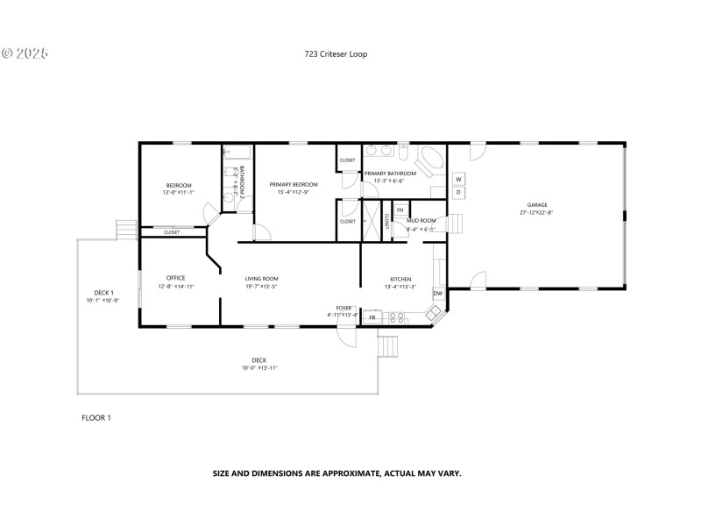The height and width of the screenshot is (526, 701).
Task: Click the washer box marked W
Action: pos(457,179)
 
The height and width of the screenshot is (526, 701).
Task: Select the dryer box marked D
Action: pos(457,191)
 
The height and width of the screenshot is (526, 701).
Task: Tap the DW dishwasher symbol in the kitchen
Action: pos(437,293)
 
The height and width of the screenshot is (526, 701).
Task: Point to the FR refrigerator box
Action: pos(372,316)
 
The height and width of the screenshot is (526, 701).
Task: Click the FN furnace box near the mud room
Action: pos(400,210)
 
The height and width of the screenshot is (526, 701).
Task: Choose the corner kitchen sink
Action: pos(434,312)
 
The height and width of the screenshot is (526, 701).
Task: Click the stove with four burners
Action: pos(394,316)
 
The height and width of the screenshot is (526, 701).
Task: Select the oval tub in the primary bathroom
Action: pos(428,163)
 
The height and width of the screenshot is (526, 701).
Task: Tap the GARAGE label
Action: pos(536,205)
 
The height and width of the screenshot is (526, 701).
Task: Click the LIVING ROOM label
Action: pos(261,279)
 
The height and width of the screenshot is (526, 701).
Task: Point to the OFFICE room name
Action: pos(176,279)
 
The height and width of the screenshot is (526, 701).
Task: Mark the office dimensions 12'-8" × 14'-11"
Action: pos(176,287)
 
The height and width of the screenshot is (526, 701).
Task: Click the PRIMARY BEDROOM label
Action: pos(293,185)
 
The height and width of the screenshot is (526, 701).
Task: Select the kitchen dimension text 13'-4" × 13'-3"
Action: pos(400,287)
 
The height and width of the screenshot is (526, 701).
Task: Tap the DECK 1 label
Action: pos(104,293)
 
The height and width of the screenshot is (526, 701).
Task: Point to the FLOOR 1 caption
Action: pos(96,417)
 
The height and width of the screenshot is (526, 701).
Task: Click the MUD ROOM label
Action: pos(421,221)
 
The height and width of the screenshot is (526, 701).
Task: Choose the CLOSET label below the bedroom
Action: pos(172,232)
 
